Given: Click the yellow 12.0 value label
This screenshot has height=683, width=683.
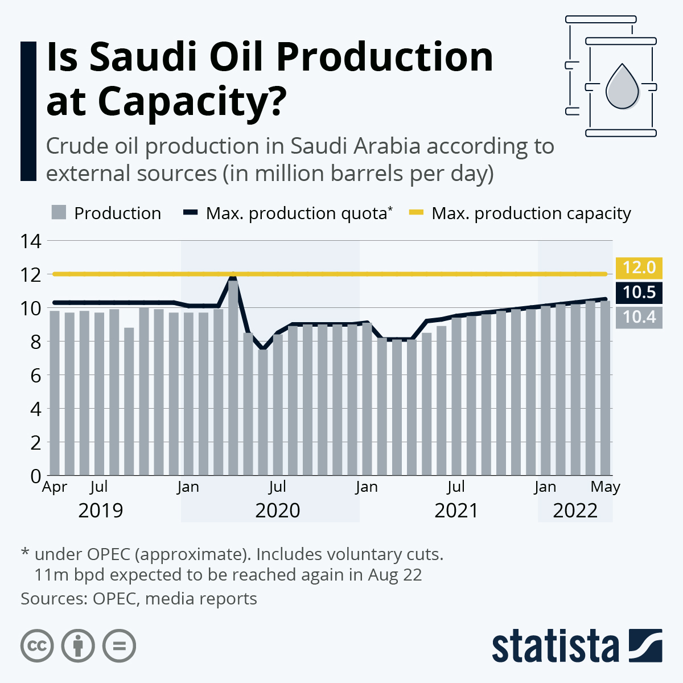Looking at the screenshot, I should coord(639,268).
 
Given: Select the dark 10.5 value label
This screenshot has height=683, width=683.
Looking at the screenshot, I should coord(639,293).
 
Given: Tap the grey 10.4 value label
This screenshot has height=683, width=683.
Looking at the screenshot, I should coord(639,316).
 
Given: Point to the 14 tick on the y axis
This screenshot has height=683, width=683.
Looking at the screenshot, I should coord(31,241).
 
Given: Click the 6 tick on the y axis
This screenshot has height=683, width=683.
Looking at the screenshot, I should coord(35,375).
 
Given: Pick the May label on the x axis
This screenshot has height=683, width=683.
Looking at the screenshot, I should coord(605,487).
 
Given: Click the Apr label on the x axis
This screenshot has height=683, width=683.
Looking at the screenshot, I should coord(55,487).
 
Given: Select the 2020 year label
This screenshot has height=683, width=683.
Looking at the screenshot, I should coord(277,511).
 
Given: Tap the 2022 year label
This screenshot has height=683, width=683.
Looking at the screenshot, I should coord(575,511).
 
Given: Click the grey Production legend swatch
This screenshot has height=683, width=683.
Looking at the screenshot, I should coord(59,213).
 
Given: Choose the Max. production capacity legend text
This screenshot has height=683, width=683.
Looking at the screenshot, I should coord(531,213).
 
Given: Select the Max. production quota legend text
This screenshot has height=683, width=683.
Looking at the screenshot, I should coord(297,213).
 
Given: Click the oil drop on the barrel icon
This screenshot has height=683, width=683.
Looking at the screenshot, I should coord(621,87).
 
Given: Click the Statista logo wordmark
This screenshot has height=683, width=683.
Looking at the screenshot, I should coord(555,647).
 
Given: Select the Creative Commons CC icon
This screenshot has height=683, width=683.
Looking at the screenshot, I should coord(37,647).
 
